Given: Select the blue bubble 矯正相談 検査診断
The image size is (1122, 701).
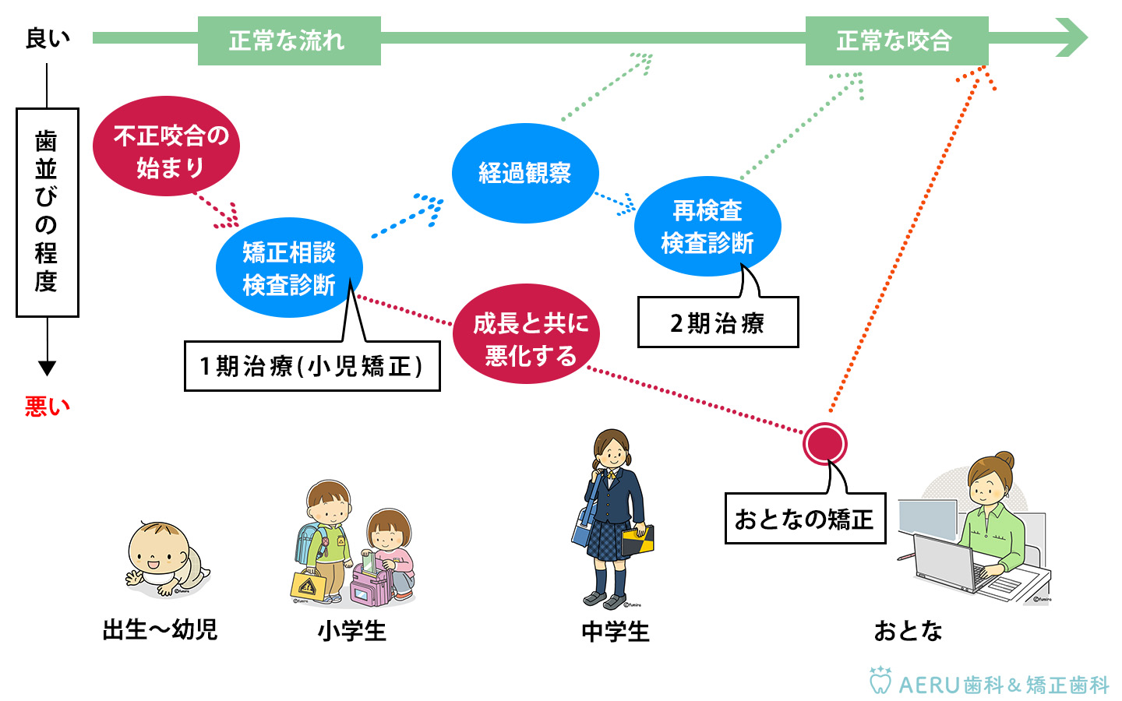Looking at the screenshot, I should pyautogui.click(x=289, y=268).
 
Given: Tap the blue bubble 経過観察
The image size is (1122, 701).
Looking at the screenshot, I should pyautogui.click(x=525, y=173).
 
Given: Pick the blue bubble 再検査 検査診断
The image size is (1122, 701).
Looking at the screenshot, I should pyautogui.click(x=707, y=227).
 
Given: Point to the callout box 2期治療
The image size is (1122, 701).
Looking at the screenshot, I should pyautogui.click(x=718, y=322).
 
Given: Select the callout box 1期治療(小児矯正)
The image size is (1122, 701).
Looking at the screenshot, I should pyautogui.click(x=312, y=366).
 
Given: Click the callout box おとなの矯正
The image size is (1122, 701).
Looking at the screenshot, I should pyautogui.click(x=805, y=519).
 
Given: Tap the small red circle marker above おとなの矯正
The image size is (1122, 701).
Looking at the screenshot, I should pyautogui.click(x=824, y=443).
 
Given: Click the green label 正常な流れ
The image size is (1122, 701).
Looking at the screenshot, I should pyautogui.click(x=289, y=41).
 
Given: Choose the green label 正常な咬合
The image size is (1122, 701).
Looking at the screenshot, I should pyautogui.click(x=896, y=41).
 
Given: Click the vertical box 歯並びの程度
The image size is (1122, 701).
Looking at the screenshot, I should pyautogui.click(x=47, y=212).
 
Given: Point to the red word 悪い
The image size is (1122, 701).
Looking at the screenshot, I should pyautogui.click(x=47, y=407).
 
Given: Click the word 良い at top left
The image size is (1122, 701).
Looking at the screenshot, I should pyautogui.click(x=48, y=38).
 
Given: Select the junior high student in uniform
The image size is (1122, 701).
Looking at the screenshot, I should pyautogui.click(x=615, y=518).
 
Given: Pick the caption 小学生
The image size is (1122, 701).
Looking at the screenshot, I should pyautogui.click(x=351, y=631).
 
